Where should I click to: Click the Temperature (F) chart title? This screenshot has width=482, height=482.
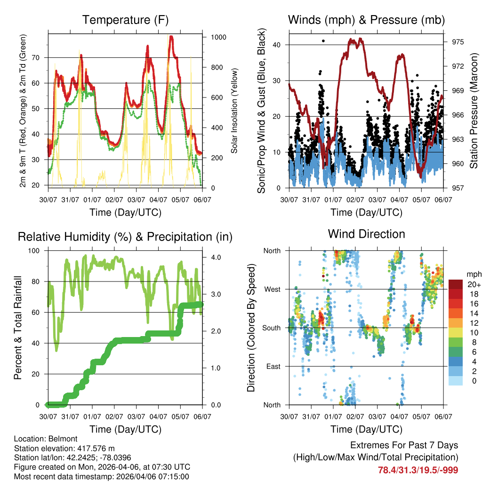pos(125,20)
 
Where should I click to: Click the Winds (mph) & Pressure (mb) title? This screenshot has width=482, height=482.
pos(366,20)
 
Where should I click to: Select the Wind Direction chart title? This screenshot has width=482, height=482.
pos(366,234)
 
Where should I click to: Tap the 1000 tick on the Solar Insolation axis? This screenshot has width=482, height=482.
pos(219,37)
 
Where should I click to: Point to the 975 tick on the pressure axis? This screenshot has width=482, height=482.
pos(458,42)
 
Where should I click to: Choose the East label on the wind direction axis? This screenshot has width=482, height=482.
pos(273,366)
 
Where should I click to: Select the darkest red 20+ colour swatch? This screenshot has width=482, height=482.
pos(456,284)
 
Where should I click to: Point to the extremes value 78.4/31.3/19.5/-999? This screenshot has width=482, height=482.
pos(418,470)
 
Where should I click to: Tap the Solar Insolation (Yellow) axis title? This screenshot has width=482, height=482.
pos(234,111)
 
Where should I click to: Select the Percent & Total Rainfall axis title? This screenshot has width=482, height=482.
pos(17,328)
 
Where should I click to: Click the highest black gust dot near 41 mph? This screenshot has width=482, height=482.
pos(323,41)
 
